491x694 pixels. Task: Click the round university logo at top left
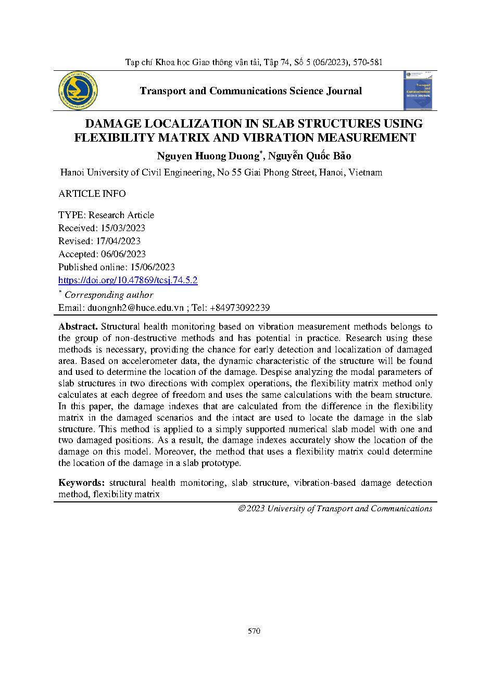[79, 91]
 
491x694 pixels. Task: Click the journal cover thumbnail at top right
[419, 91]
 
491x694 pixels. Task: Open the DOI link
[128, 280]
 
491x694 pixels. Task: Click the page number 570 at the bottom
[254, 631]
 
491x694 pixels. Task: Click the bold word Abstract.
[78, 327]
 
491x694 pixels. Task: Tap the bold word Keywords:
[82, 483]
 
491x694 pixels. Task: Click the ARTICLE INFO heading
[92, 194]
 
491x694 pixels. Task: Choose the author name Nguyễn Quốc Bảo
[309, 156]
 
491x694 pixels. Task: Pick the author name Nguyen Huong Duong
[208, 156]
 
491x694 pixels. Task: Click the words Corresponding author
[109, 295]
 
